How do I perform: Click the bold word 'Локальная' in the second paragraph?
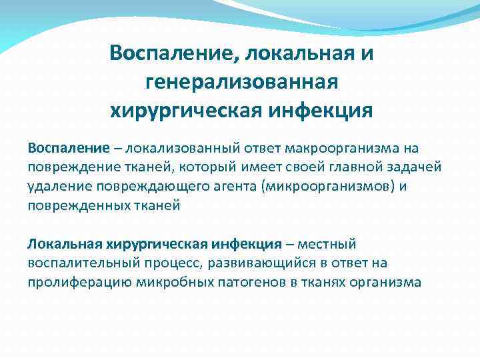[x=60, y=243]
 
